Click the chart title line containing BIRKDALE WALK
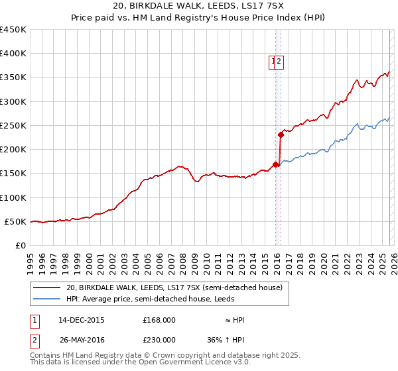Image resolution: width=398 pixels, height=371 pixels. [198, 6]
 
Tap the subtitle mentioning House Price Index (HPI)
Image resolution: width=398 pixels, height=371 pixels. [198, 18]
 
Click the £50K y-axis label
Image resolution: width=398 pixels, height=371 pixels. [16, 221]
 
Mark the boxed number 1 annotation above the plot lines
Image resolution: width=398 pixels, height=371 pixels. [273, 62]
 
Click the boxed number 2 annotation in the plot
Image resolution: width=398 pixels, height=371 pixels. [280, 62]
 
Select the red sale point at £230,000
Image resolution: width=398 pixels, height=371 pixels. [281, 135]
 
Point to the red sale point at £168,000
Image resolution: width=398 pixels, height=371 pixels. [275, 165]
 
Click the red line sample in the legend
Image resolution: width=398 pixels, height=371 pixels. [47, 288]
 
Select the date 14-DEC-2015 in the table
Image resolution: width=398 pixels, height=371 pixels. [82, 320]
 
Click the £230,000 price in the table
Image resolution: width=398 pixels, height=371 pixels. [159, 339]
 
